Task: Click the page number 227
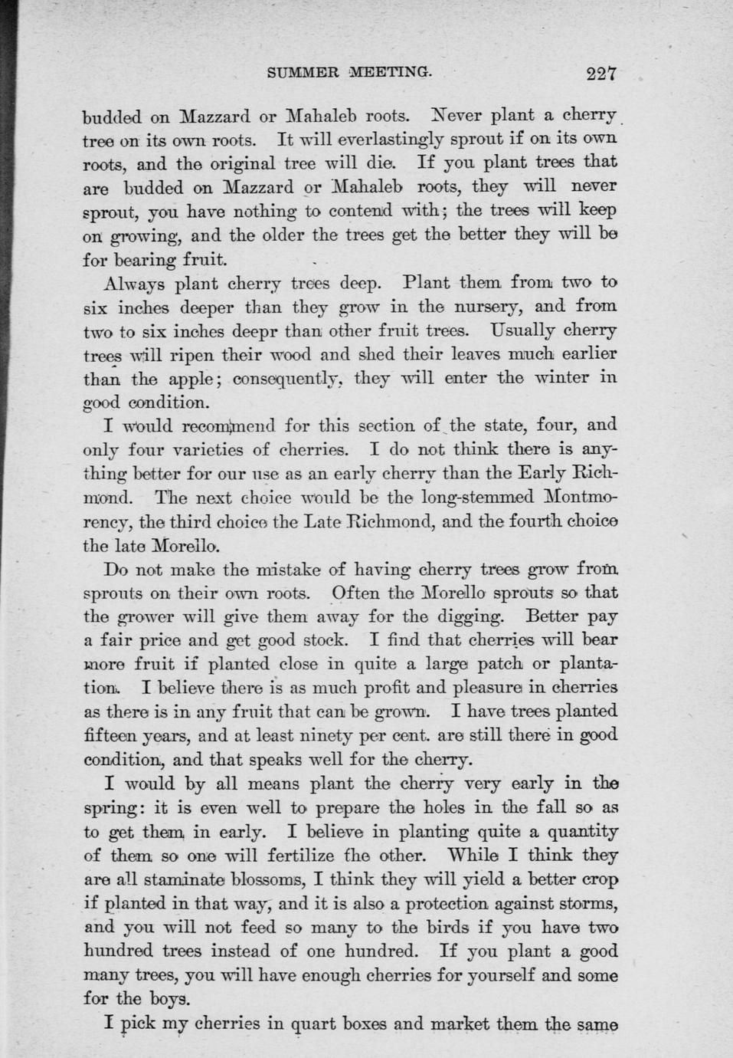coord(601,74)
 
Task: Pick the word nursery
coord(486,307)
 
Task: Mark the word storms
coord(577,903)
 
